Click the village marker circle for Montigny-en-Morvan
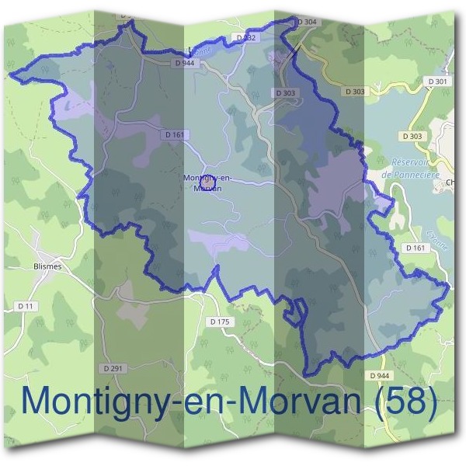tap(207, 183)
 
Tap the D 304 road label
tap(307, 23)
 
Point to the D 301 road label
tap(437, 82)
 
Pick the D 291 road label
tap(113, 367)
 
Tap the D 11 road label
tap(26, 307)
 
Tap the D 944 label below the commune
tap(380, 376)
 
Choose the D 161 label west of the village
tap(176, 134)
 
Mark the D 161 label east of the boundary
tap(416, 248)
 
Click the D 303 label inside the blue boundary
tap(285, 92)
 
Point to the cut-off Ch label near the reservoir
tap(451, 183)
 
